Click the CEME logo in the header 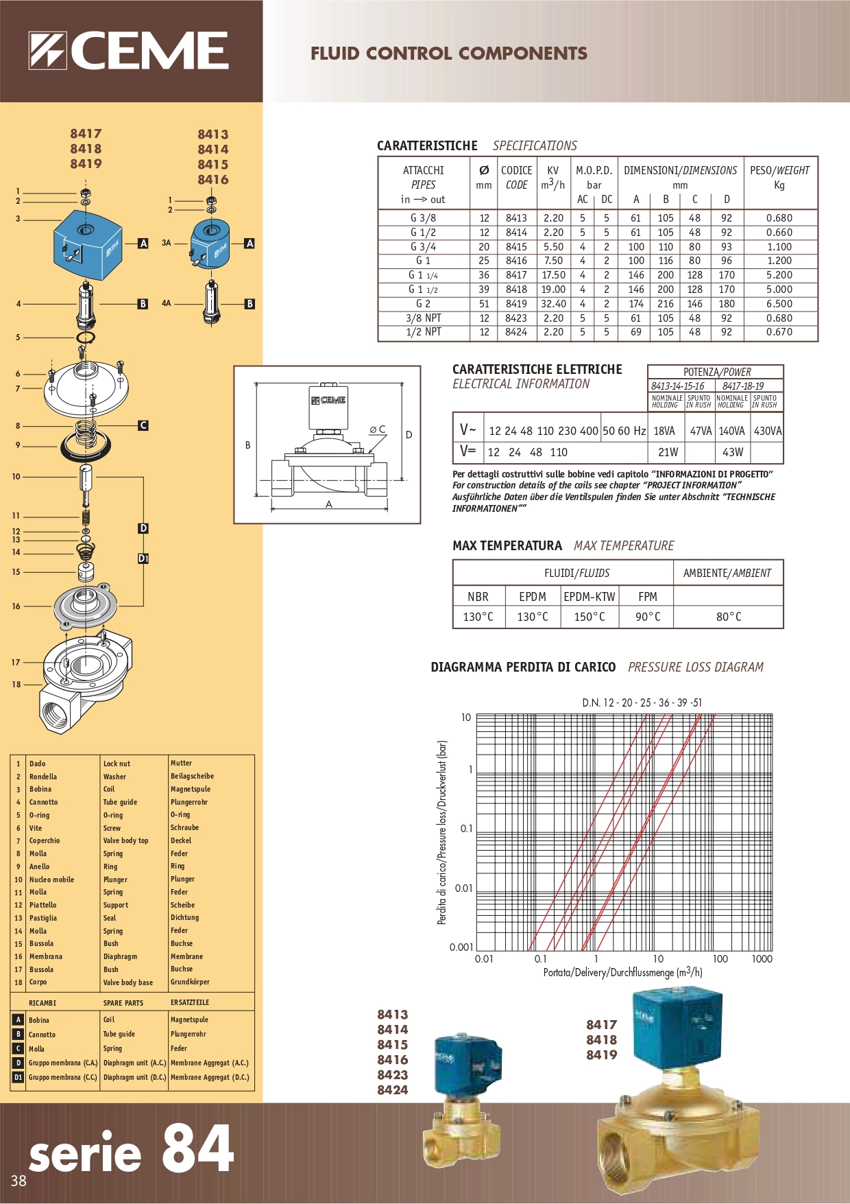(128, 51)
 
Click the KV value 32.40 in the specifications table (553, 303)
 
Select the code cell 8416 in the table (516, 261)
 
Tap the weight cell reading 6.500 (779, 303)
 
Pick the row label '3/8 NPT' (423, 318)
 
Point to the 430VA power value (767, 431)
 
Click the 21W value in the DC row (668, 452)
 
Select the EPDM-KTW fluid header (590, 596)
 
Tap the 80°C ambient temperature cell (728, 617)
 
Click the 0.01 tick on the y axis (463, 888)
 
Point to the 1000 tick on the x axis (762, 959)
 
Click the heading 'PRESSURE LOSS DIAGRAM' (695, 667)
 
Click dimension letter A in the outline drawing (329, 504)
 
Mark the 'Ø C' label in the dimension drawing (377, 429)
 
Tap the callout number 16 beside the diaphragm (16, 606)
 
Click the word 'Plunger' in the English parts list (115, 880)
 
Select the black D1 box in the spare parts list (19, 1077)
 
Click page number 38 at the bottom (19, 1181)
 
